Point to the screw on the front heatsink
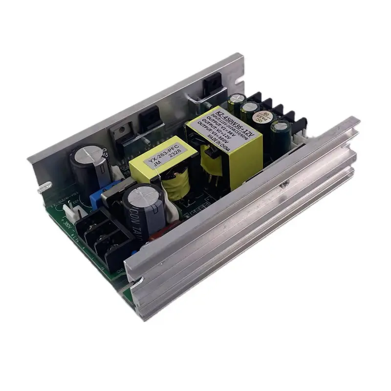(282, 186)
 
